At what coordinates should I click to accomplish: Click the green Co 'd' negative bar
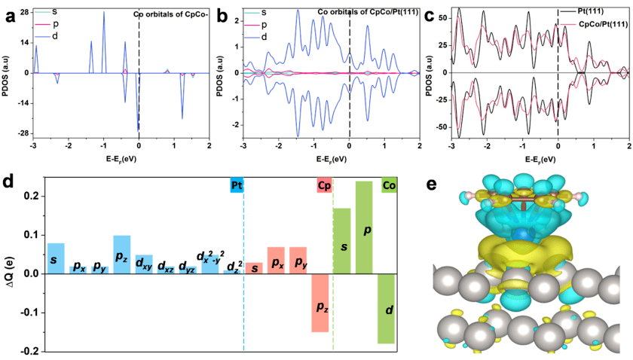pyautogui.click(x=386, y=309)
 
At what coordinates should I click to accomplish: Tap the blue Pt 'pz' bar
pyautogui.click(x=121, y=255)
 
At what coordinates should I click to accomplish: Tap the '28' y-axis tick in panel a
pyautogui.click(x=24, y=13)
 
